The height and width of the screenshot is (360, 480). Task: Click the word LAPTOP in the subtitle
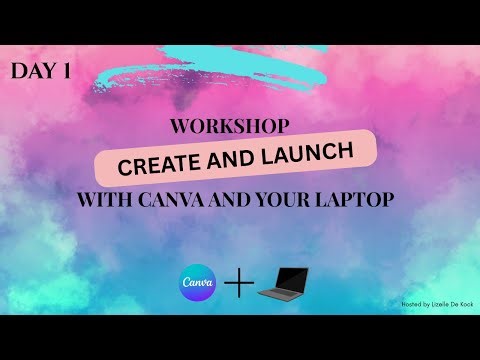[361, 199]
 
